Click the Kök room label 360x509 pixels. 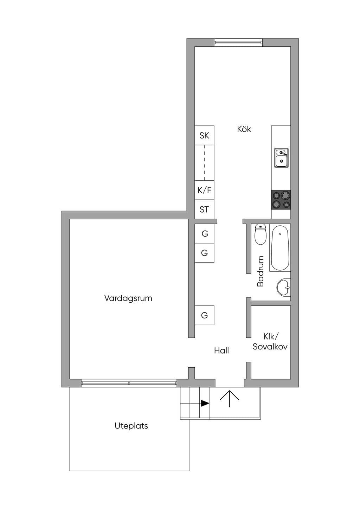click(x=244, y=129)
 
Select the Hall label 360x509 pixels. click(x=221, y=350)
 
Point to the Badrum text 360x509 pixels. click(x=260, y=271)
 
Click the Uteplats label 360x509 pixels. click(x=131, y=426)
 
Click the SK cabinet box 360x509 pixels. click(x=204, y=135)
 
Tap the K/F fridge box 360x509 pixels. click(x=204, y=190)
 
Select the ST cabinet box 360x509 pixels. click(x=204, y=210)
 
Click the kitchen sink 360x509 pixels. click(x=281, y=158)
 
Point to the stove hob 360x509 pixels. click(x=281, y=200)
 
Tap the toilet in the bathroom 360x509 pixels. click(x=261, y=234)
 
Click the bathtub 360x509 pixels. click(x=280, y=248)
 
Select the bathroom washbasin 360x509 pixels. click(x=284, y=287)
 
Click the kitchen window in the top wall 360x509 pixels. click(x=238, y=43)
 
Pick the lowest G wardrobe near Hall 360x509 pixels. click(x=204, y=315)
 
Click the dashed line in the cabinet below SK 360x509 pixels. click(x=204, y=163)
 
